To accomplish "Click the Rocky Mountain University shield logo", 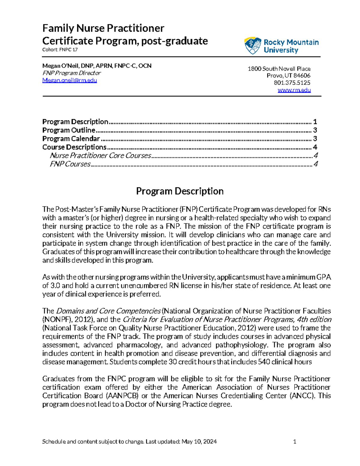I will pyautogui.click(x=253, y=46).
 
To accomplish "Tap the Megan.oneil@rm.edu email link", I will pyautogui.click(x=70, y=80).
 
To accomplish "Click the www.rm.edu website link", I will pyautogui.click(x=294, y=90).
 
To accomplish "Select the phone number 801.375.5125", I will pyautogui.click(x=292, y=83).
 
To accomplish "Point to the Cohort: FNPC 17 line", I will pyautogui.click(x=60, y=50).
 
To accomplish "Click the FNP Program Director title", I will pyautogui.click(x=71, y=73).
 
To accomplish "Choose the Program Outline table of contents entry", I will pyautogui.click(x=69, y=130).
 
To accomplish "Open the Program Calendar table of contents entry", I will pyautogui.click(x=71, y=139).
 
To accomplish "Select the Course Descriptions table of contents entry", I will pyautogui.click(x=74, y=147).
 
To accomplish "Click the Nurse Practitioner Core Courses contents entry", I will pyautogui.click(x=100, y=155).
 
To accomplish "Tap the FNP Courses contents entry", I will pyautogui.click(x=70, y=164).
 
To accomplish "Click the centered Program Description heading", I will pyautogui.click(x=180, y=191).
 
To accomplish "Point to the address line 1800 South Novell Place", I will pyautogui.click(x=279, y=69).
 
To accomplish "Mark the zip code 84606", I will pyautogui.click(x=302, y=76).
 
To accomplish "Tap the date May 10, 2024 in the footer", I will pyautogui.click(x=199, y=441).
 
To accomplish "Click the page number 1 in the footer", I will pyautogui.click(x=295, y=441).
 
